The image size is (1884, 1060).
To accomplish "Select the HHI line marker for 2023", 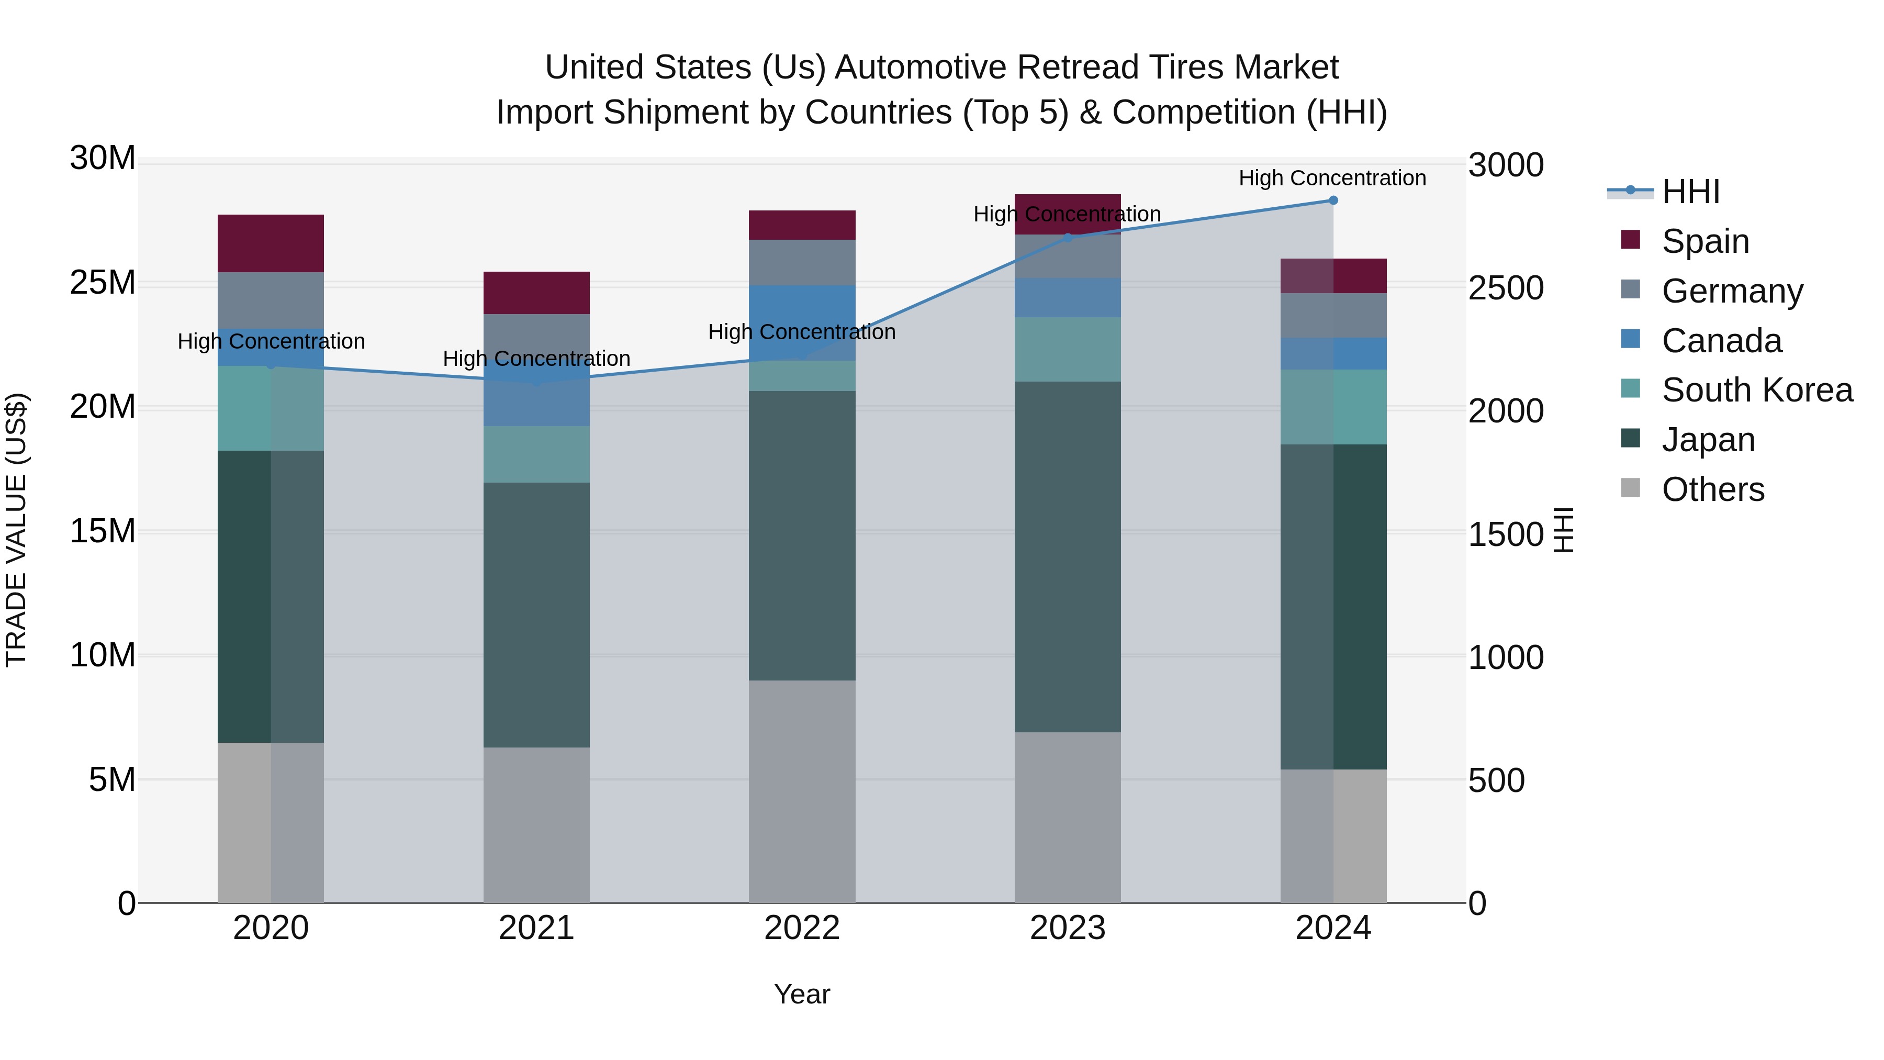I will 1067,238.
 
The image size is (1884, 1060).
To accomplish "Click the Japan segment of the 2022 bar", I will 802,535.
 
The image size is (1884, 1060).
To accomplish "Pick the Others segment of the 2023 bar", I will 1067,817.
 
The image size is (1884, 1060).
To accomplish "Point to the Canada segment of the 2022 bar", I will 802,322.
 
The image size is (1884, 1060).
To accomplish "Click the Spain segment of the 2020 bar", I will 271,243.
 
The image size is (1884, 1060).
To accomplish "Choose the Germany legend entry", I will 1732,291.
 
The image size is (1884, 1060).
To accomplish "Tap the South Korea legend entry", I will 1757,390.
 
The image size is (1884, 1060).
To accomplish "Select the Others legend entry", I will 1712,489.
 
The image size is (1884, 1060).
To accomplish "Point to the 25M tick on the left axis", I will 103,282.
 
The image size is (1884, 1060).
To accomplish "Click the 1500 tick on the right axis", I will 1505,535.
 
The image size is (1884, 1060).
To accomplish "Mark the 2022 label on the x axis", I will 802,928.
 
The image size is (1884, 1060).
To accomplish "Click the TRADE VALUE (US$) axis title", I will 16,530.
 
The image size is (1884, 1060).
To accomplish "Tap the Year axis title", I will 802,994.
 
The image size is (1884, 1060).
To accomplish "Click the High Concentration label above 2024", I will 1332,178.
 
